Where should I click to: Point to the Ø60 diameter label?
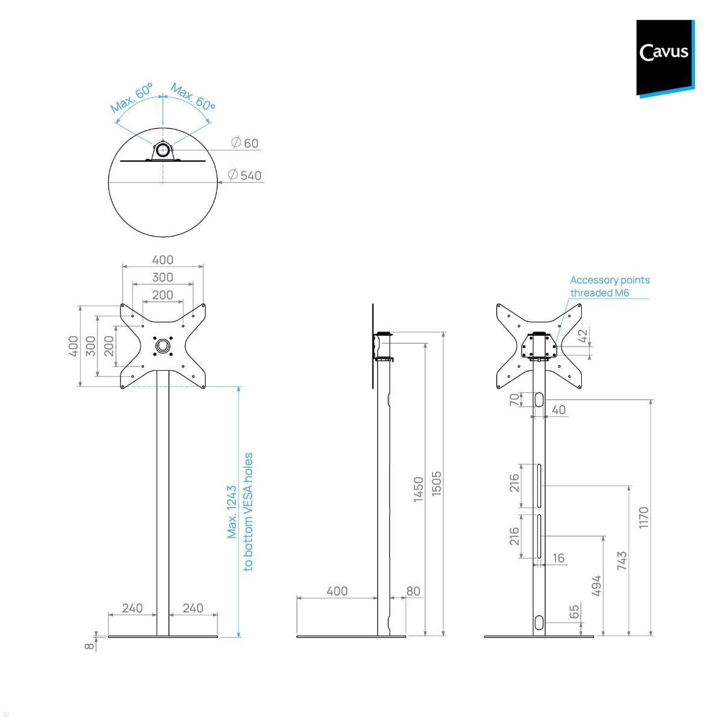(x=245, y=143)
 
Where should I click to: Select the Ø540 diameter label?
(x=245, y=176)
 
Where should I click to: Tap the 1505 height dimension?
(x=437, y=483)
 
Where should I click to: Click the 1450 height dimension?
(x=419, y=489)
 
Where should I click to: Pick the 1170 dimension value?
(x=644, y=517)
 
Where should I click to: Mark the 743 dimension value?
(x=622, y=561)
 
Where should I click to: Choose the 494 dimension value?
(x=597, y=585)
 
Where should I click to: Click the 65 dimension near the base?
(x=575, y=611)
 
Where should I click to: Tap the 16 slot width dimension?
(x=558, y=558)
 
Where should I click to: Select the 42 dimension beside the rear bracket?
(x=582, y=336)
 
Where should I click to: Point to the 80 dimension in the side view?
(x=413, y=591)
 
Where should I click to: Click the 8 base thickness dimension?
(x=90, y=646)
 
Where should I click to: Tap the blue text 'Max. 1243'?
(x=232, y=512)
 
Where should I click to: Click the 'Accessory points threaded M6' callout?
(x=609, y=286)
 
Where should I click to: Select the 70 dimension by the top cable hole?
(x=514, y=400)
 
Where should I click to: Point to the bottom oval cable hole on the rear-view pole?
(x=539, y=622)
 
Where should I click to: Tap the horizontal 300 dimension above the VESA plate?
(x=162, y=277)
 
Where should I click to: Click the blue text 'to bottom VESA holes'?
(x=248, y=512)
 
